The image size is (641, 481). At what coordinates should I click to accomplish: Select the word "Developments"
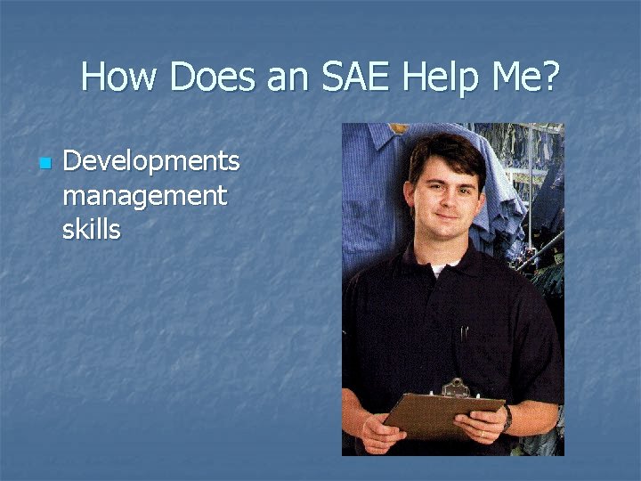tap(151, 162)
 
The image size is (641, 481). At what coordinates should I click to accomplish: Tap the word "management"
tap(144, 195)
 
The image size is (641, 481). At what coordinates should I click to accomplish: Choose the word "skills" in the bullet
tap(91, 229)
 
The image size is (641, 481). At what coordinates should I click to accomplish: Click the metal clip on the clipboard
tap(455, 389)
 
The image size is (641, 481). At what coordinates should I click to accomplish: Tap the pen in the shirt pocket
tap(463, 335)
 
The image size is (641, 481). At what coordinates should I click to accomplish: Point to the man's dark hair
tap(443, 149)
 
